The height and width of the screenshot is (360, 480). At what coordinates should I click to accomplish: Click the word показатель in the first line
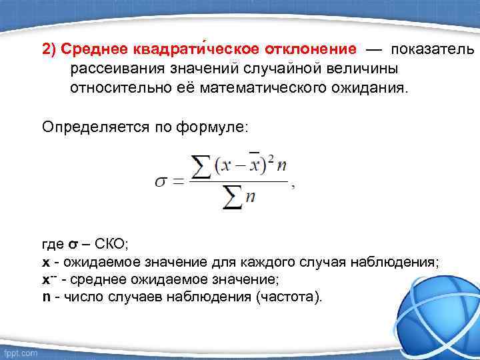click(433, 50)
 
